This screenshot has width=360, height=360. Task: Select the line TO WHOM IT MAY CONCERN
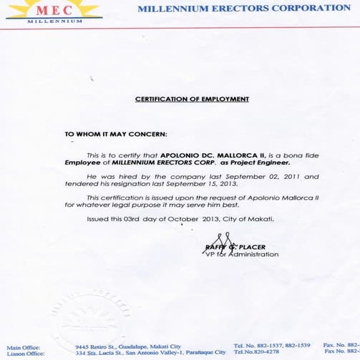116,134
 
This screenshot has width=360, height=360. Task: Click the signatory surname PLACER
251,247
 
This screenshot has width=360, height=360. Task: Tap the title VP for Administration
241,254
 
